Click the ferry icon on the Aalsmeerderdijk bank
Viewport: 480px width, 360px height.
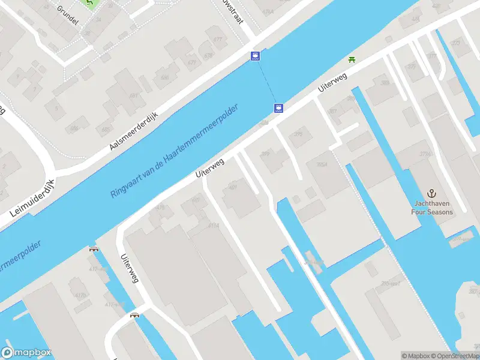pyautogui.click(x=256, y=56)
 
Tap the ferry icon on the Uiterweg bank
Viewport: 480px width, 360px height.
pyautogui.click(x=278, y=109)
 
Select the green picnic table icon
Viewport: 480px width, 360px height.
pyautogui.click(x=352, y=59)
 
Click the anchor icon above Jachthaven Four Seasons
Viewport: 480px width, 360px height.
pyautogui.click(x=431, y=193)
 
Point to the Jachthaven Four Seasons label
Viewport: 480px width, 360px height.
pyautogui.click(x=431, y=208)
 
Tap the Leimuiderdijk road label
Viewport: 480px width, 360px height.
pyautogui.click(x=32, y=199)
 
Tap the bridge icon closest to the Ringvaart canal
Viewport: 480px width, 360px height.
pyautogui.click(x=94, y=249)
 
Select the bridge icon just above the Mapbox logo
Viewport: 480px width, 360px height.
pyautogui.click(x=135, y=314)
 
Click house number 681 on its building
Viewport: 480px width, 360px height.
pyautogui.click(x=133, y=96)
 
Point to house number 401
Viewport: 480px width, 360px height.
pyautogui.click(x=233, y=187)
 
